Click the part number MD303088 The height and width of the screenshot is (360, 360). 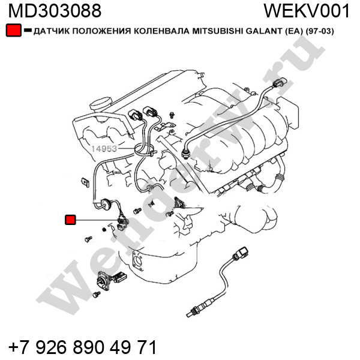(x=55, y=11)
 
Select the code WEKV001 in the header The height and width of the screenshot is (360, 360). (x=307, y=11)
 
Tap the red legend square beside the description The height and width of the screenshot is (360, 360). (x=14, y=30)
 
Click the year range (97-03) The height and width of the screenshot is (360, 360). (x=320, y=31)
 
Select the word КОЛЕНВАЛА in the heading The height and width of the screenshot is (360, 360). (x=161, y=31)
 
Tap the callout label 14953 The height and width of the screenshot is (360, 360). (x=104, y=149)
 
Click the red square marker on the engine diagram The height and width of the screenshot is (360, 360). (x=70, y=220)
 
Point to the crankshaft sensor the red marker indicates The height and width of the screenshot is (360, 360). (x=122, y=222)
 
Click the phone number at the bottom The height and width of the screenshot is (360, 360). (x=83, y=347)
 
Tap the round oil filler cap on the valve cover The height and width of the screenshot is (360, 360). (x=101, y=104)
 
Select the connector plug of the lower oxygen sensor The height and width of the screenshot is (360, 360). (x=241, y=253)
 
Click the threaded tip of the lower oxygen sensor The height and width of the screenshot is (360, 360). (x=191, y=314)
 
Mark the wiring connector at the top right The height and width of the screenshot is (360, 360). (x=280, y=83)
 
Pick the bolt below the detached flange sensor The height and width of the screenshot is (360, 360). (x=97, y=295)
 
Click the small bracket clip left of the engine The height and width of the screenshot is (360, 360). (x=86, y=182)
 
